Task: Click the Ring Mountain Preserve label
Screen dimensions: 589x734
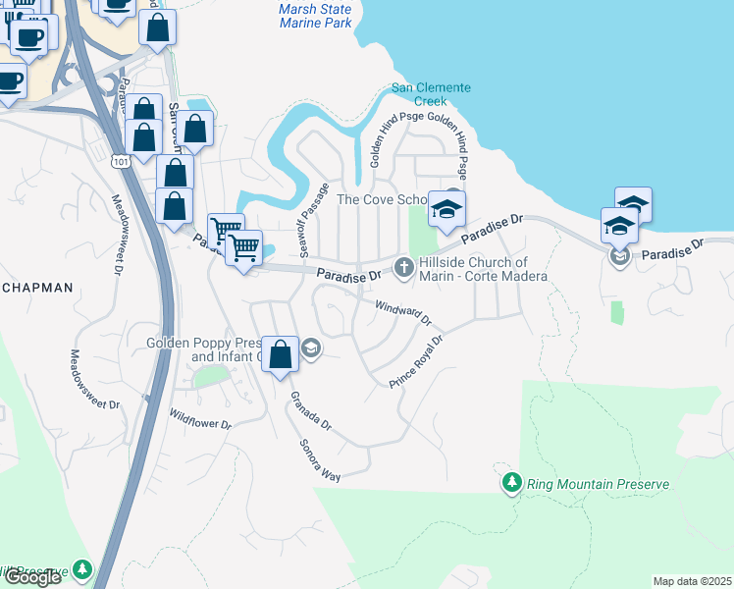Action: click(x=598, y=484)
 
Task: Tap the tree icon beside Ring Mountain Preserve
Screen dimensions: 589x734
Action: click(x=511, y=483)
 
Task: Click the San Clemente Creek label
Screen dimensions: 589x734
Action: click(x=431, y=94)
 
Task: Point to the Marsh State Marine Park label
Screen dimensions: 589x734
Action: click(x=314, y=16)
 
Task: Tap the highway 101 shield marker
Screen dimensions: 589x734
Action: click(x=119, y=160)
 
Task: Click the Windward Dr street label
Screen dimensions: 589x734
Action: click(x=403, y=314)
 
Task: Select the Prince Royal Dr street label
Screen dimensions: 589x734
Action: click(x=417, y=361)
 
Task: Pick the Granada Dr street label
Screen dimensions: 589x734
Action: click(x=310, y=412)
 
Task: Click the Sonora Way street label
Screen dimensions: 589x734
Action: click(x=320, y=458)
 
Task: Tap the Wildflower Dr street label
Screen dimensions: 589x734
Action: click(x=199, y=419)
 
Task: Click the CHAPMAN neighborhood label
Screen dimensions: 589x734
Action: click(x=37, y=288)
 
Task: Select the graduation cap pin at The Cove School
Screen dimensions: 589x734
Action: click(x=446, y=210)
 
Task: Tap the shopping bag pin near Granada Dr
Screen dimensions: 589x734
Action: click(x=281, y=354)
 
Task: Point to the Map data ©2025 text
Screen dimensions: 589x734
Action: click(x=692, y=581)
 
